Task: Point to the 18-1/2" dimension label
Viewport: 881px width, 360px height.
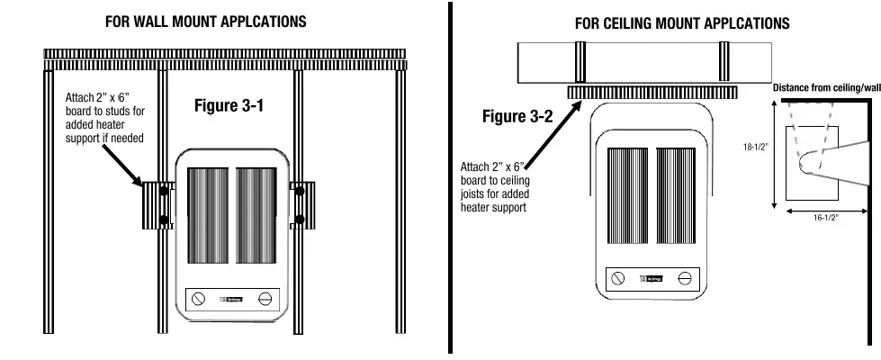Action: coord(753,146)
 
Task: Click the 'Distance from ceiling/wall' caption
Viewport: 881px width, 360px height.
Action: coord(826,88)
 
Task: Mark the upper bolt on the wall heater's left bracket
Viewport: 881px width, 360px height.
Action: coord(164,192)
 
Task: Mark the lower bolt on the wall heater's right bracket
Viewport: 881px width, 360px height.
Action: coord(299,220)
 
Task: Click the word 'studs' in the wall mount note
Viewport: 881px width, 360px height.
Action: coord(125,112)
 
